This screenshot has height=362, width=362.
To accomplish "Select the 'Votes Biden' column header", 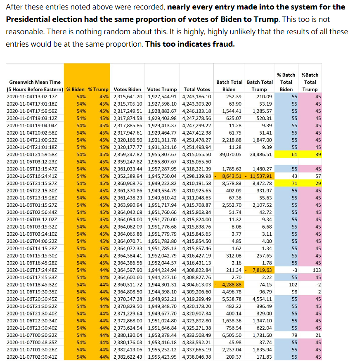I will click(127, 89).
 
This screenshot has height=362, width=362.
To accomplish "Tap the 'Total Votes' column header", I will click(197, 89).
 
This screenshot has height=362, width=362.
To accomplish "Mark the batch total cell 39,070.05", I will click(230, 154).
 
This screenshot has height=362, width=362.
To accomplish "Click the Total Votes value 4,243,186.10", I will click(196, 96).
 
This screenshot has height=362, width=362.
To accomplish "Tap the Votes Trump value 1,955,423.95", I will click(162, 357).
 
